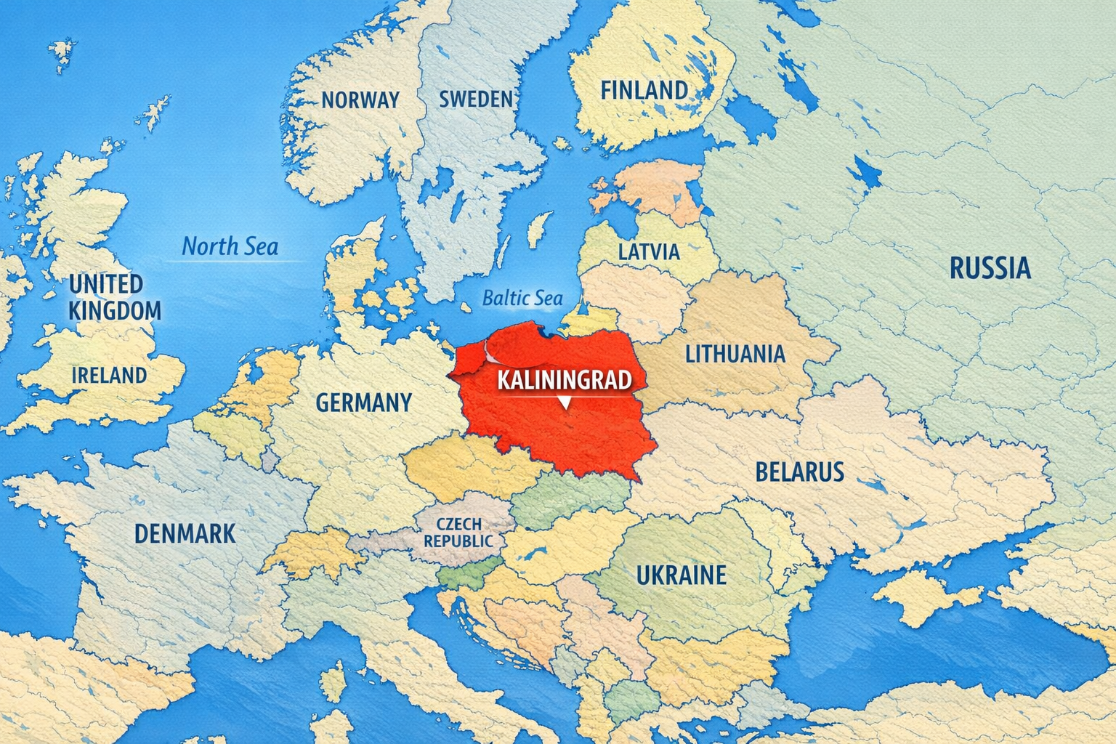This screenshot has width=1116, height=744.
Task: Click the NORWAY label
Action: click(360, 100)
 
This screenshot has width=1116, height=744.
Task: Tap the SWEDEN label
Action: click(476, 99)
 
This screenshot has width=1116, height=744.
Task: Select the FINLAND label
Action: click(644, 90)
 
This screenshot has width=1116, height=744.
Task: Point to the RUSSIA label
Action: click(990, 268)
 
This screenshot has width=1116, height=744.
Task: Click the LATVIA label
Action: click(649, 252)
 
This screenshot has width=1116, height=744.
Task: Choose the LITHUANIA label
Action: click(735, 354)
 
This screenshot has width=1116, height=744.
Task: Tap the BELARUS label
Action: click(799, 472)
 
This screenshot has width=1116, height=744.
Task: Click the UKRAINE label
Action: click(681, 575)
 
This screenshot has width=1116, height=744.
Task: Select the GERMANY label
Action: click(363, 402)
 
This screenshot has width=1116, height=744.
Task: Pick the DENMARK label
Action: click(185, 533)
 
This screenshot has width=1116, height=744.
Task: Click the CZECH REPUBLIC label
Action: click(458, 533)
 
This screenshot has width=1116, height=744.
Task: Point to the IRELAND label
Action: click(109, 375)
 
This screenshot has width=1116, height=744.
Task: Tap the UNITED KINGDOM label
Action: click(114, 296)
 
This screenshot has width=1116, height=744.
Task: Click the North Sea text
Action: click(230, 247)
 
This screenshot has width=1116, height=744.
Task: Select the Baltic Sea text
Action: click(522, 298)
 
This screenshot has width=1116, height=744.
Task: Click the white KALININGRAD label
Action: click(563, 380)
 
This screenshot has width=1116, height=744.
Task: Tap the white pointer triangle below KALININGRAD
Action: click(565, 403)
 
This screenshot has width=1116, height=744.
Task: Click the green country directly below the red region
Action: click(574, 498)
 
